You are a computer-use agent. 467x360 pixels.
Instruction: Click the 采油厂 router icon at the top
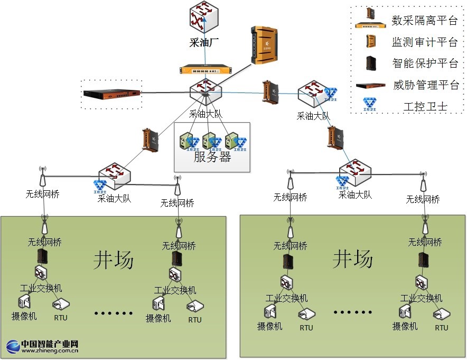(204, 17)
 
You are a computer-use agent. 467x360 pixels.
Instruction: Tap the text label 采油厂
(204, 43)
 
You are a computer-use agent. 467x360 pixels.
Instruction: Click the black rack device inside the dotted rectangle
(112, 94)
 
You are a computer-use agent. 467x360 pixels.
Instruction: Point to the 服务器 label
(212, 157)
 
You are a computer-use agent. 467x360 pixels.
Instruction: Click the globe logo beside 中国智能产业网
(13, 346)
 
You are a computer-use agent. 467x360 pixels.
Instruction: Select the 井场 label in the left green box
(114, 260)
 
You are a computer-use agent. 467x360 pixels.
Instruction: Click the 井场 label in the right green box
(352, 259)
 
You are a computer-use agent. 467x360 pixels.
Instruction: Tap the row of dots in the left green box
(113, 313)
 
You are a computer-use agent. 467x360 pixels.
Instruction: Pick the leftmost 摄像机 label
(25, 316)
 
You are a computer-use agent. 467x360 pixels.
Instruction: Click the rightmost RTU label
(442, 328)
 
